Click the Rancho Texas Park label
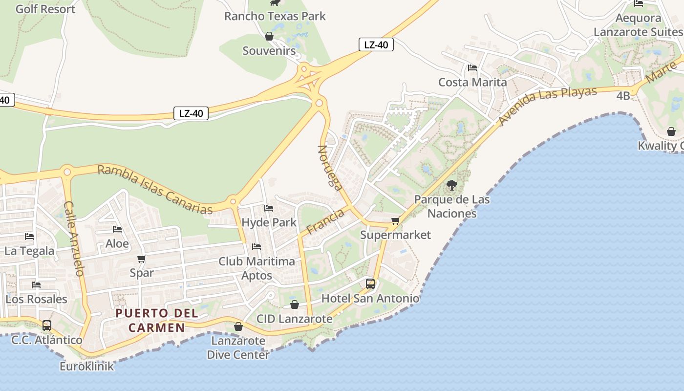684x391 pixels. (x=275, y=16)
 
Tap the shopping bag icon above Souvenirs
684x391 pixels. (x=269, y=36)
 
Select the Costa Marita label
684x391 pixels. (x=472, y=82)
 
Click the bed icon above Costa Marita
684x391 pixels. (x=472, y=68)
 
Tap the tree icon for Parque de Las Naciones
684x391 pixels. (x=451, y=185)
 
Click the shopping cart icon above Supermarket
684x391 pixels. (x=395, y=221)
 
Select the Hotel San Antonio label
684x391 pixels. (x=370, y=298)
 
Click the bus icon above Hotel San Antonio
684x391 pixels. (x=370, y=284)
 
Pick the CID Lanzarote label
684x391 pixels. (x=294, y=319)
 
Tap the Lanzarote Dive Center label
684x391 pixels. (x=238, y=348)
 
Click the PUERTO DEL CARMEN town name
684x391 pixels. (x=157, y=320)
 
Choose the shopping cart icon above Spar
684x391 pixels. (x=141, y=259)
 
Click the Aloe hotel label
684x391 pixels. (x=117, y=243)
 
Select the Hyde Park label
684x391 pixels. (x=269, y=222)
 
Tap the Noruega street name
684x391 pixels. (x=330, y=167)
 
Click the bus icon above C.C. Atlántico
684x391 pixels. (x=47, y=325)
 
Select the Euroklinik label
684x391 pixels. (x=86, y=366)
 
